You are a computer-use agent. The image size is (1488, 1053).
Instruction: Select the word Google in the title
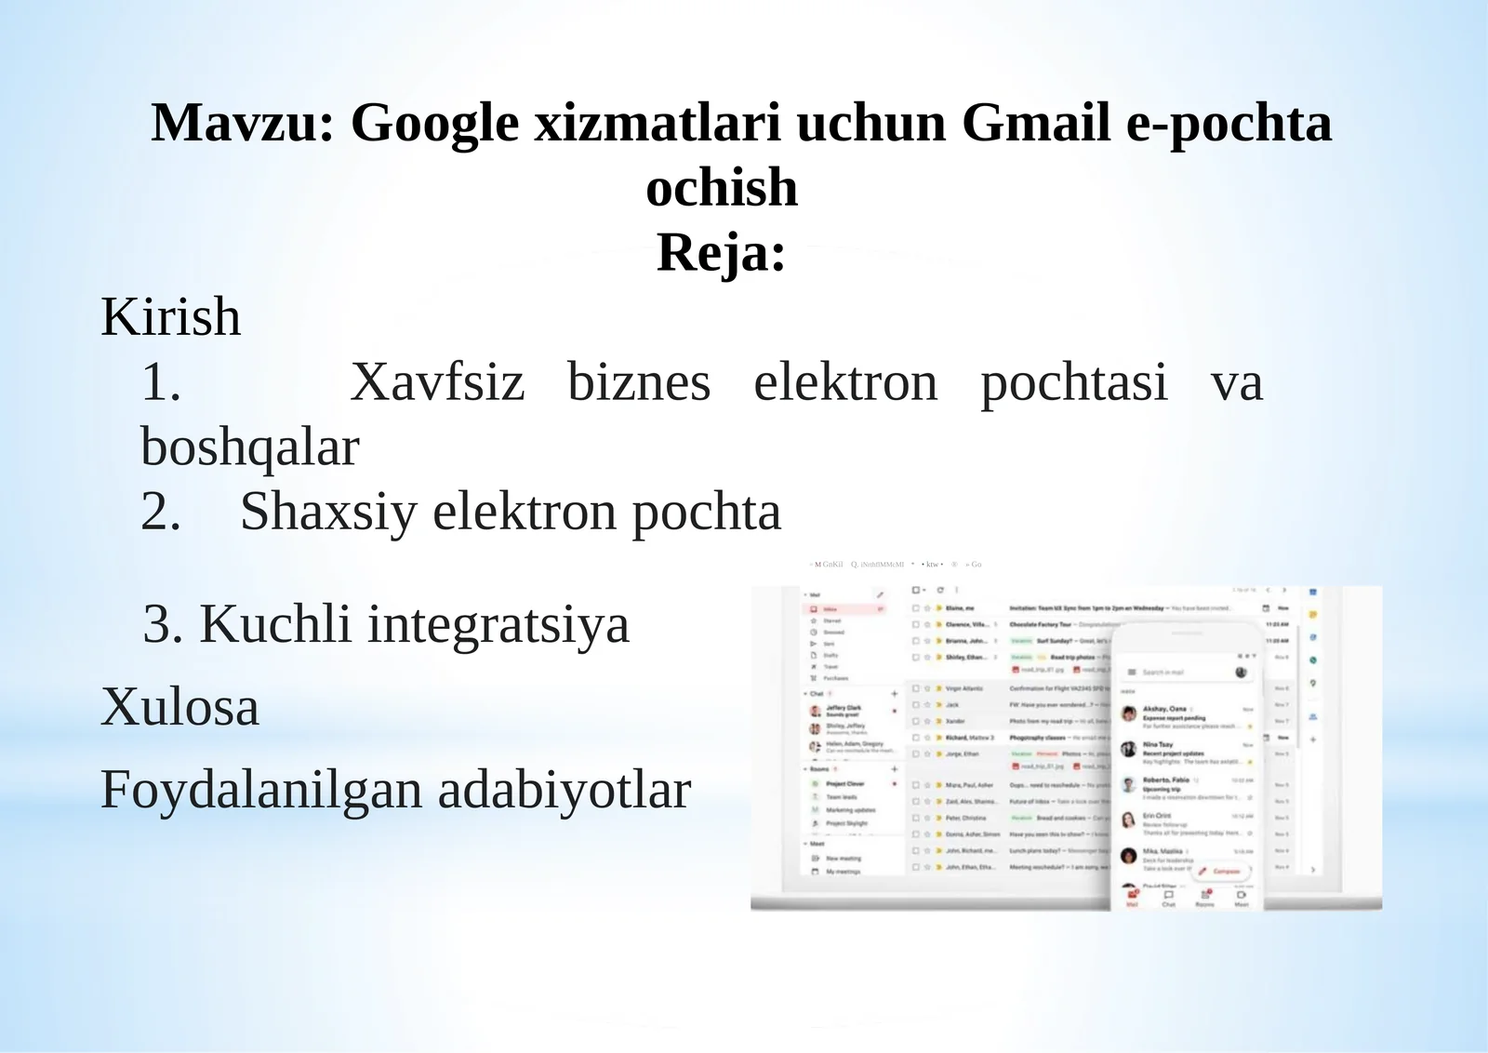tap(434, 123)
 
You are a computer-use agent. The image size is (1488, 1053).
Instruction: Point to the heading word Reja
tap(721, 252)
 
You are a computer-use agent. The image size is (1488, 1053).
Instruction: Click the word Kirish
tap(171, 317)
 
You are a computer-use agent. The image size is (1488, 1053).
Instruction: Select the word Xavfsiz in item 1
tap(437, 382)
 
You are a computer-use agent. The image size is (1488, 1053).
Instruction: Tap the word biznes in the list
tap(639, 382)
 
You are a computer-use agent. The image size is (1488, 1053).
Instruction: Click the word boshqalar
tap(249, 447)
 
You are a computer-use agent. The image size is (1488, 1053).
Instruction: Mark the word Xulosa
tap(179, 707)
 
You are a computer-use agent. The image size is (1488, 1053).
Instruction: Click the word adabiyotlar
tap(565, 790)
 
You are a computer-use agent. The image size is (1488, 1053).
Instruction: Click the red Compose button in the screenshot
tap(1221, 872)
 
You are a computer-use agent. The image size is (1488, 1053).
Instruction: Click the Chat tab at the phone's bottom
tap(1168, 899)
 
